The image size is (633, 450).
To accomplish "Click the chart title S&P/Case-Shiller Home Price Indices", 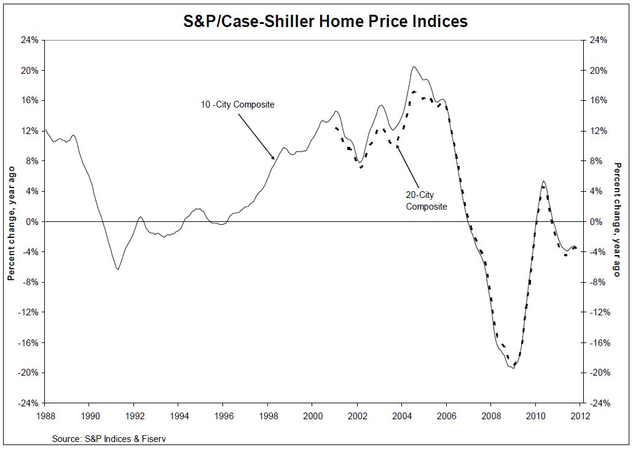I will (326, 22).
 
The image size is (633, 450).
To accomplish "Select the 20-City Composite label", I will (426, 200).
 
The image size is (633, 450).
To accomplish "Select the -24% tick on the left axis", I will (29, 403).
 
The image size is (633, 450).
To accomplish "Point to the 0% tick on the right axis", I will (599, 221).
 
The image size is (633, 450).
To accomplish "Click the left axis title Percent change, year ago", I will (10, 221).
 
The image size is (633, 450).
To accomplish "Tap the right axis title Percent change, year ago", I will (618, 219).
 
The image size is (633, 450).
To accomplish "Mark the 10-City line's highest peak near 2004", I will (414, 66).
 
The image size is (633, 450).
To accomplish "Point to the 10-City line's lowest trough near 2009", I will (513, 368).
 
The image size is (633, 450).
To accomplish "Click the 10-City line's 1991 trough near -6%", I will (117, 269).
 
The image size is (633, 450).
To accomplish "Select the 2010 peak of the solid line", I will (543, 181).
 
